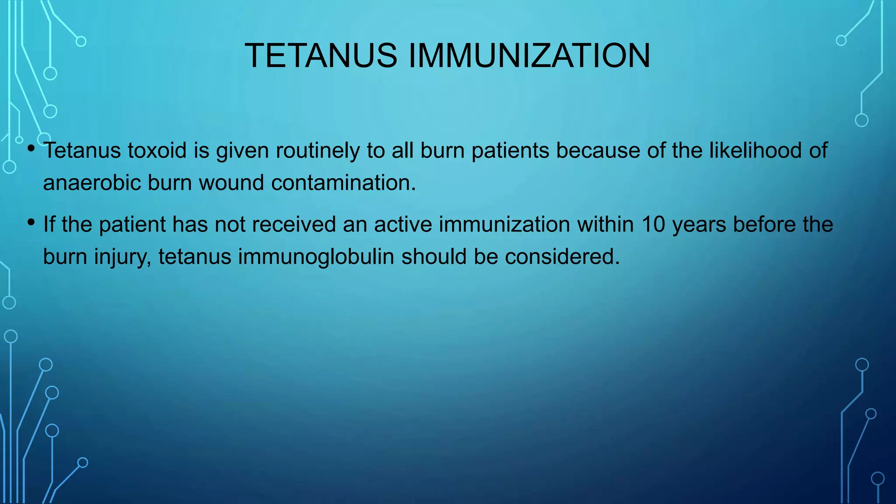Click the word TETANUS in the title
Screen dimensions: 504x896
[321, 56]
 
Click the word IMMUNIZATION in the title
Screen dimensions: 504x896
[529, 56]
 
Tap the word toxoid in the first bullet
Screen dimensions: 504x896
[157, 150]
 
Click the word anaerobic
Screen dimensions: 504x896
[92, 183]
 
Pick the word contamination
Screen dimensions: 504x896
[343, 183]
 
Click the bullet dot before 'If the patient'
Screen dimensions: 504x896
[31, 223]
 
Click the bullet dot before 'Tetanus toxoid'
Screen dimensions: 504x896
[31, 148]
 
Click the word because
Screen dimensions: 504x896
[598, 150]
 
